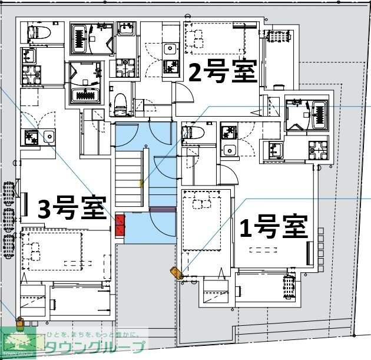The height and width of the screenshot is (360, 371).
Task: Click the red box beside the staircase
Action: tap(120, 225)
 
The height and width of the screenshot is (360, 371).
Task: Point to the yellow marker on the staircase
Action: tap(141, 184)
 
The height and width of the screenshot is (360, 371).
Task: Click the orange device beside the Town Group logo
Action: tap(19, 322)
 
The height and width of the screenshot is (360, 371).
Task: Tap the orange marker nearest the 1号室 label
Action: tap(176, 273)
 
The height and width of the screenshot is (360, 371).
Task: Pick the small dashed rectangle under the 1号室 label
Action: tap(263, 250)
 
